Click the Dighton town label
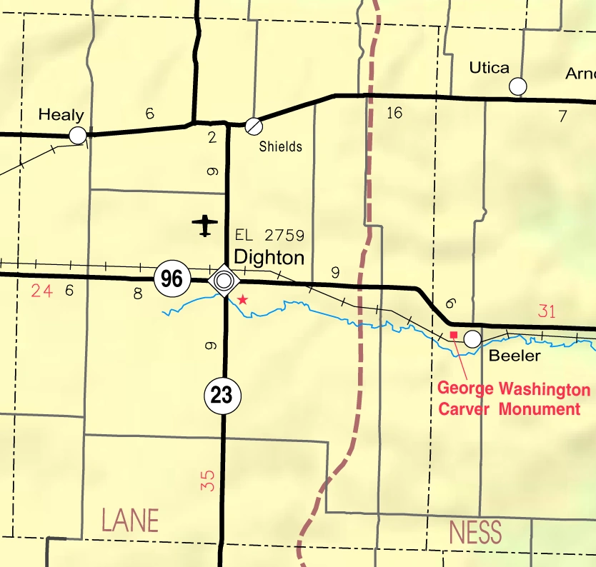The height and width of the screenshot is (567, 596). pos(269,257)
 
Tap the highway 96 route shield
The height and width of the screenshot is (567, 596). pos(172,279)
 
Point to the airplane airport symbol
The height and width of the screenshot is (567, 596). pos(205,225)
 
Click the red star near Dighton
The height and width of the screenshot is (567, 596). pos(243,299)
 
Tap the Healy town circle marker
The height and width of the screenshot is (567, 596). pos(78,135)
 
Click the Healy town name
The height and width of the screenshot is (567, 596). pos(61,114)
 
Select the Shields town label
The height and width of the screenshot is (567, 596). pos(280,147)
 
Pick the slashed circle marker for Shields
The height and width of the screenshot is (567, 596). pos(253,126)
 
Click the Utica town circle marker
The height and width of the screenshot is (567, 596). pos(517,86)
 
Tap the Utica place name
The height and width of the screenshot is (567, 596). pos(489,68)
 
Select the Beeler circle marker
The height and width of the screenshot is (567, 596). pos(472,338)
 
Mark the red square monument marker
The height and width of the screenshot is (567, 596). pos(453,334)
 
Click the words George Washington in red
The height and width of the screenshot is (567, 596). pos(514,390)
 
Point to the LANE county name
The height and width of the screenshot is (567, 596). pos(130,521)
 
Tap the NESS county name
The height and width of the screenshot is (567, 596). pos(475,533)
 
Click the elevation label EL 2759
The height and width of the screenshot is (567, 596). pos(269,236)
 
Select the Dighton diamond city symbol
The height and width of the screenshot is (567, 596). pos(224,279)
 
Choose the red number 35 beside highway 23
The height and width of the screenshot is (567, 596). pos(208,479)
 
